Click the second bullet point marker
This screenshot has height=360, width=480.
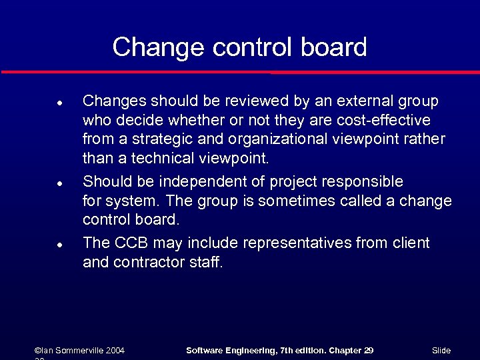59,183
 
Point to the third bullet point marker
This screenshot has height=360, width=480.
59,245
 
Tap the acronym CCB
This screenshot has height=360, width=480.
130,243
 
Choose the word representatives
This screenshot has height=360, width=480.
297,243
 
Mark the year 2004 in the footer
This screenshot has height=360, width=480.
114,351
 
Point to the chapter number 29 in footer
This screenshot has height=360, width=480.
367,351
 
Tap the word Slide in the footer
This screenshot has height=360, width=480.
441,351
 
